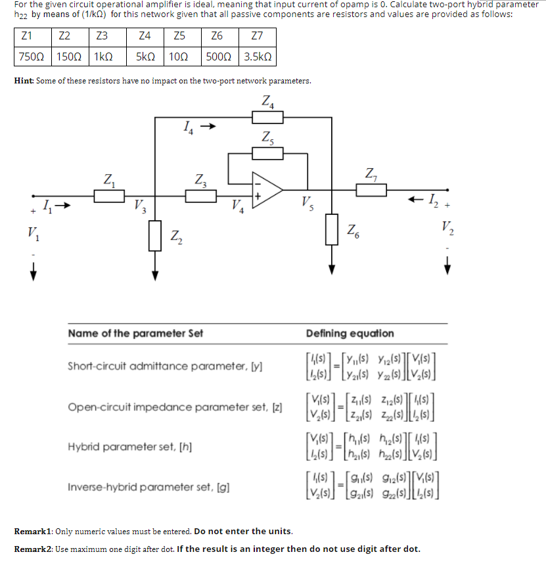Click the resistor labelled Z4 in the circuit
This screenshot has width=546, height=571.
tap(267, 117)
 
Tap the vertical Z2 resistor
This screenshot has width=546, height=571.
tap(155, 235)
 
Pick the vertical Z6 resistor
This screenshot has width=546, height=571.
tap(332, 227)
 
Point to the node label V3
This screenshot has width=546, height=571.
tap(139, 206)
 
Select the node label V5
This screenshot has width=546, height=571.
tap(306, 201)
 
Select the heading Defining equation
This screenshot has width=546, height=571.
tap(350, 333)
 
